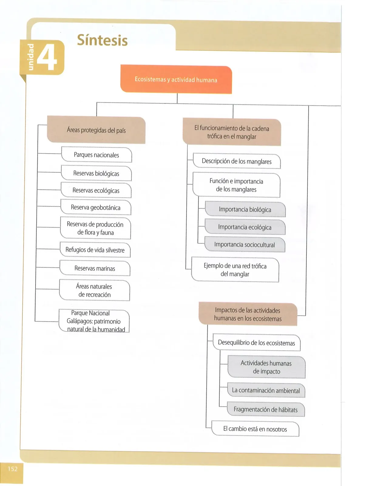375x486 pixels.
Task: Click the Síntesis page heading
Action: pos(102,40)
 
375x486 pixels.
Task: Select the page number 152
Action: pos(12,469)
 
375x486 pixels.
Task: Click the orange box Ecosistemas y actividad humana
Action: pos(176,79)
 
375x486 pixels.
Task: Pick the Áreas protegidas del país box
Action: pos(96,130)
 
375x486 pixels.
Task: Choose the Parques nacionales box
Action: pos(96,155)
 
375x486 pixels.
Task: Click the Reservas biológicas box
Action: pos(96,173)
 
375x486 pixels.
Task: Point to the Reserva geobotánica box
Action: pos(96,207)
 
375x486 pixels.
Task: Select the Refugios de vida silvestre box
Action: pos(95,250)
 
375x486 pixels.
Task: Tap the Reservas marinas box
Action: pos(95,268)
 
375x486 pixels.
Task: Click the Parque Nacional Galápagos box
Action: pos(94,321)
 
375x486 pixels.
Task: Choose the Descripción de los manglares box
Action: pos(237,161)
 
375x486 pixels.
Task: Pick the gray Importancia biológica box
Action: pos(245,209)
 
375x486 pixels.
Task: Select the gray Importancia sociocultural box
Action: pos(245,245)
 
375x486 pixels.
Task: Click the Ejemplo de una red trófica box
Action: pos(235,269)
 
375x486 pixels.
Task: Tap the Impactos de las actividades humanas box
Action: pos(248,314)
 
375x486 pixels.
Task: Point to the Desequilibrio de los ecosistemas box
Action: pos(257,342)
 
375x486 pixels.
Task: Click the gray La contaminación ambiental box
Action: pos(266,390)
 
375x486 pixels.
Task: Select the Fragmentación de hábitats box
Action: pos(266,409)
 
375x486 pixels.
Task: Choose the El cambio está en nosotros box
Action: pos(255,429)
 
